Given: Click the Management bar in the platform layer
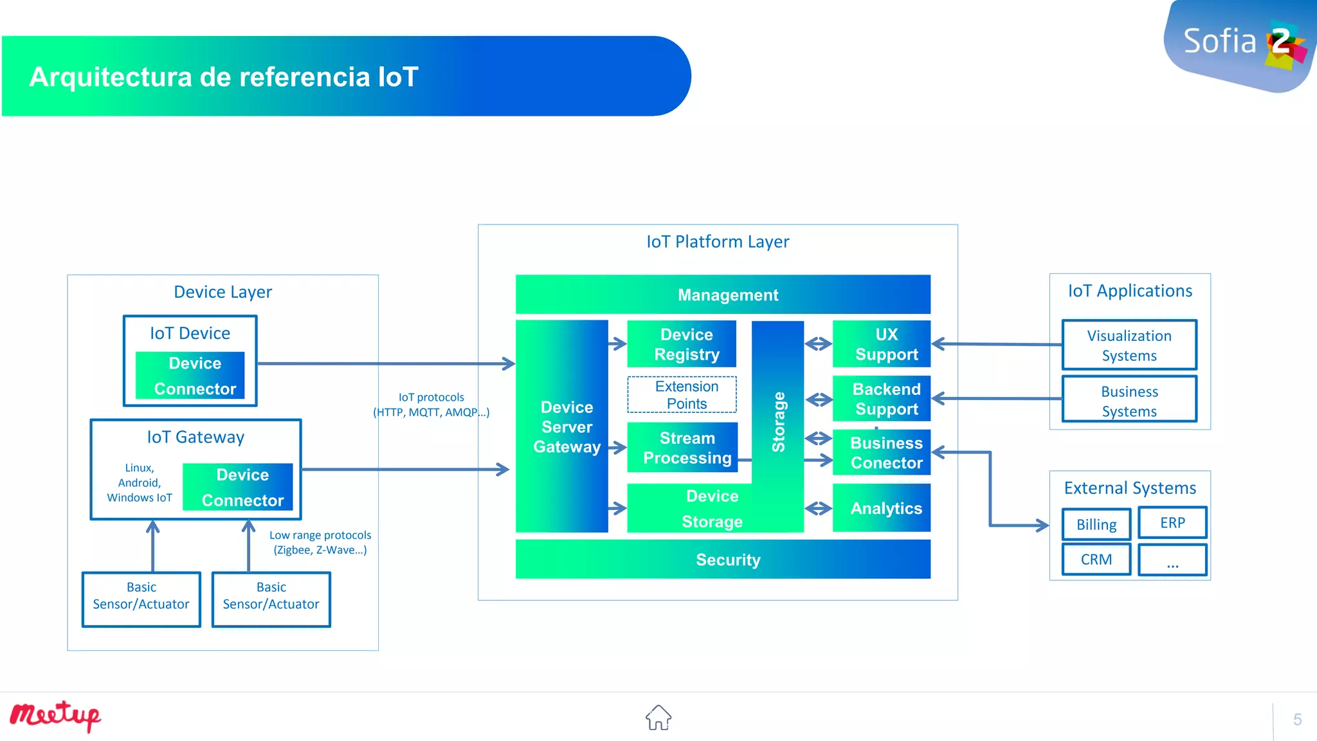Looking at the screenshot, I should [723, 295].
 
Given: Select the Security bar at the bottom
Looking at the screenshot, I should [723, 559].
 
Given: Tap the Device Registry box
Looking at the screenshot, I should [682, 344].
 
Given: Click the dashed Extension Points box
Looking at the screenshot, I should [682, 394].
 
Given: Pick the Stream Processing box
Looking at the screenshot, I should [682, 448].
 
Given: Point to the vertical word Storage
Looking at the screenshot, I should [778, 421].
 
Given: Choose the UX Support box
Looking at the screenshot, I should [881, 344].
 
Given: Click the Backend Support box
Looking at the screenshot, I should [881, 399].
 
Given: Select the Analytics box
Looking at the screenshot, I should [881, 508].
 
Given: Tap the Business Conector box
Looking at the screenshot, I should [881, 453].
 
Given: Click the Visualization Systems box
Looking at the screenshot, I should [1129, 345].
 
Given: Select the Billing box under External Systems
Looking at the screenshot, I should [1096, 524].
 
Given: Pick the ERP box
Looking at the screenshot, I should [1172, 522].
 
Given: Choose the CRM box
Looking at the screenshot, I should [1096, 559].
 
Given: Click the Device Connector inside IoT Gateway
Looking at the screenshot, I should [238, 487].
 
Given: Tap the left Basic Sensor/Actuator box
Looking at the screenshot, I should [141, 599].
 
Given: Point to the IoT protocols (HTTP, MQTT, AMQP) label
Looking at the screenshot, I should [431, 405].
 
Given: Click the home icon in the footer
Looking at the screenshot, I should [658, 717].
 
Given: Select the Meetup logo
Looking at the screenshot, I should [55, 716].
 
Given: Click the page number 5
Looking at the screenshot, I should [1297, 719].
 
